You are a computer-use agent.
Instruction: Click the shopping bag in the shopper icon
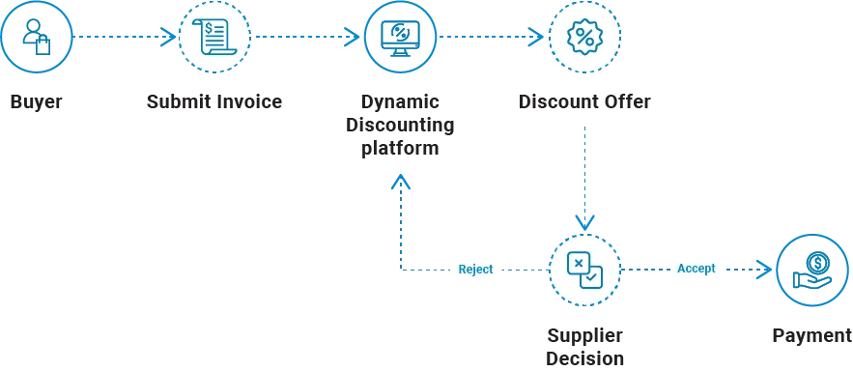tap(42, 43)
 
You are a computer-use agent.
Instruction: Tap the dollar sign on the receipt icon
tap(209, 29)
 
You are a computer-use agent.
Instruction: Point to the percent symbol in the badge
tap(584, 38)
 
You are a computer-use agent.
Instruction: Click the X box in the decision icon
tap(578, 262)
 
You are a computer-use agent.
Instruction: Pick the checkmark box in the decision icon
tap(592, 277)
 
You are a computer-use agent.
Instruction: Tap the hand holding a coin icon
tap(815, 270)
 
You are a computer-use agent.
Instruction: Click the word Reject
tap(475, 270)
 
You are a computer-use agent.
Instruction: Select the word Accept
tap(696, 269)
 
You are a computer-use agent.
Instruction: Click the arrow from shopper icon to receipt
tap(126, 38)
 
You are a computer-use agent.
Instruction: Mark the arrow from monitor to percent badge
tap(491, 38)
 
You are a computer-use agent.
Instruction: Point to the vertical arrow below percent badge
tap(583, 174)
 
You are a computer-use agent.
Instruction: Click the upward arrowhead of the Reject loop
tap(399, 181)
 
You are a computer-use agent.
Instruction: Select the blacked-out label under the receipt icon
tap(215, 100)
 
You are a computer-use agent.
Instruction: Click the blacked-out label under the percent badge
tap(586, 100)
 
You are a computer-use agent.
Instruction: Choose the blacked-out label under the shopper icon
tap(38, 100)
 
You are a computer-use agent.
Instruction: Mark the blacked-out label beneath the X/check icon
tap(583, 346)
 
